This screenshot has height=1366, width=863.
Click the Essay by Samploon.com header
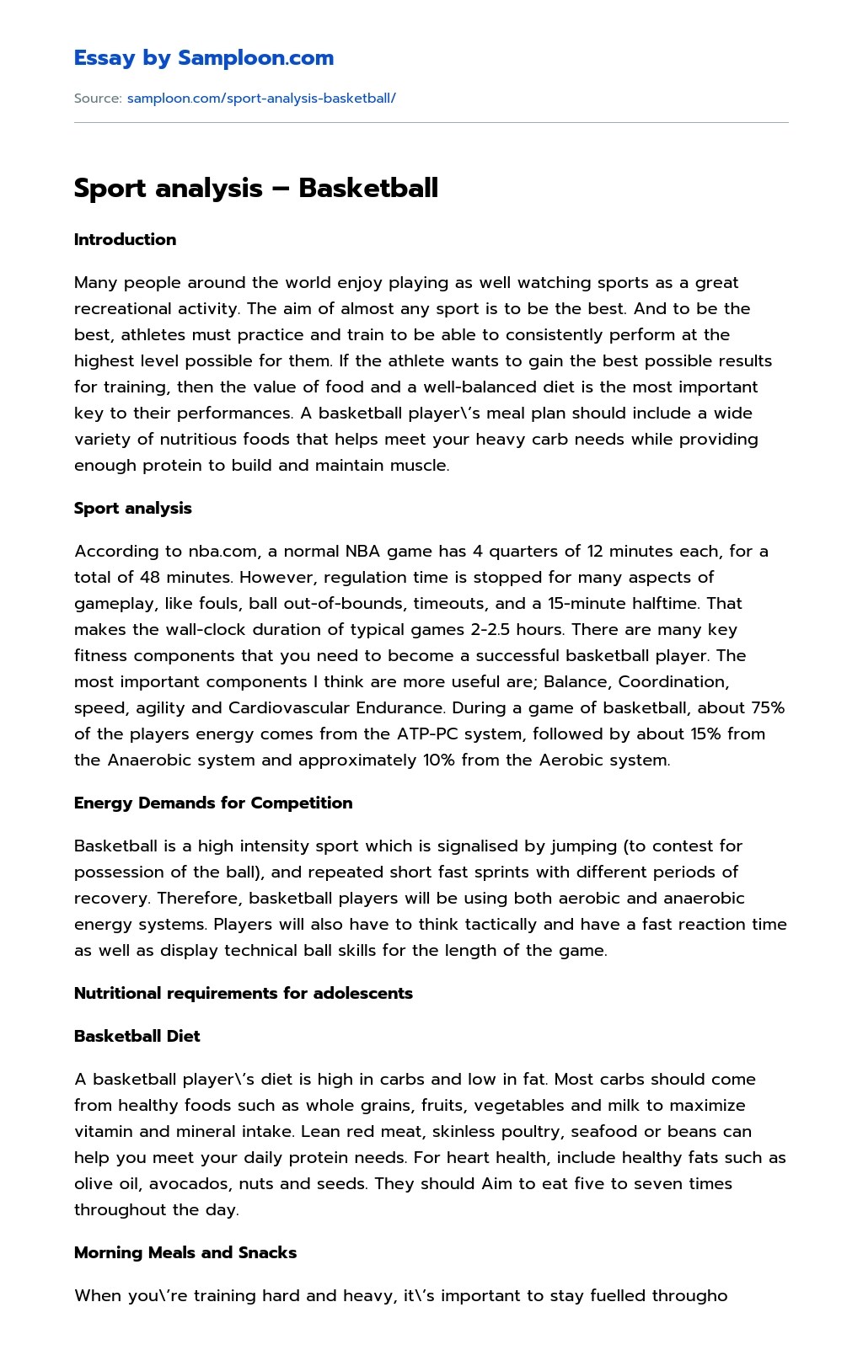[x=204, y=58]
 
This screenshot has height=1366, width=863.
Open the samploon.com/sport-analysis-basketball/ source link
[x=261, y=98]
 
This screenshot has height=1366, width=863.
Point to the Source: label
[x=98, y=98]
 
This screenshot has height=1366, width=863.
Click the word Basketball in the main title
[x=368, y=187]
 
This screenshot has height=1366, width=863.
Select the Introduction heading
[x=125, y=239]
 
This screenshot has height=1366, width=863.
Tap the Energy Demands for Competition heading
[x=213, y=803]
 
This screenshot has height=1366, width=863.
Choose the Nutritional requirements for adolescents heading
[x=244, y=993]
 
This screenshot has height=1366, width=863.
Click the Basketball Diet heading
[x=137, y=1036]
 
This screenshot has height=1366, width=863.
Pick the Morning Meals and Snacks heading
[x=185, y=1252]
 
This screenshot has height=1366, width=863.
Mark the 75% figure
[x=768, y=707]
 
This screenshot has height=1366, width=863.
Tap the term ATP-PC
[x=428, y=734]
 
